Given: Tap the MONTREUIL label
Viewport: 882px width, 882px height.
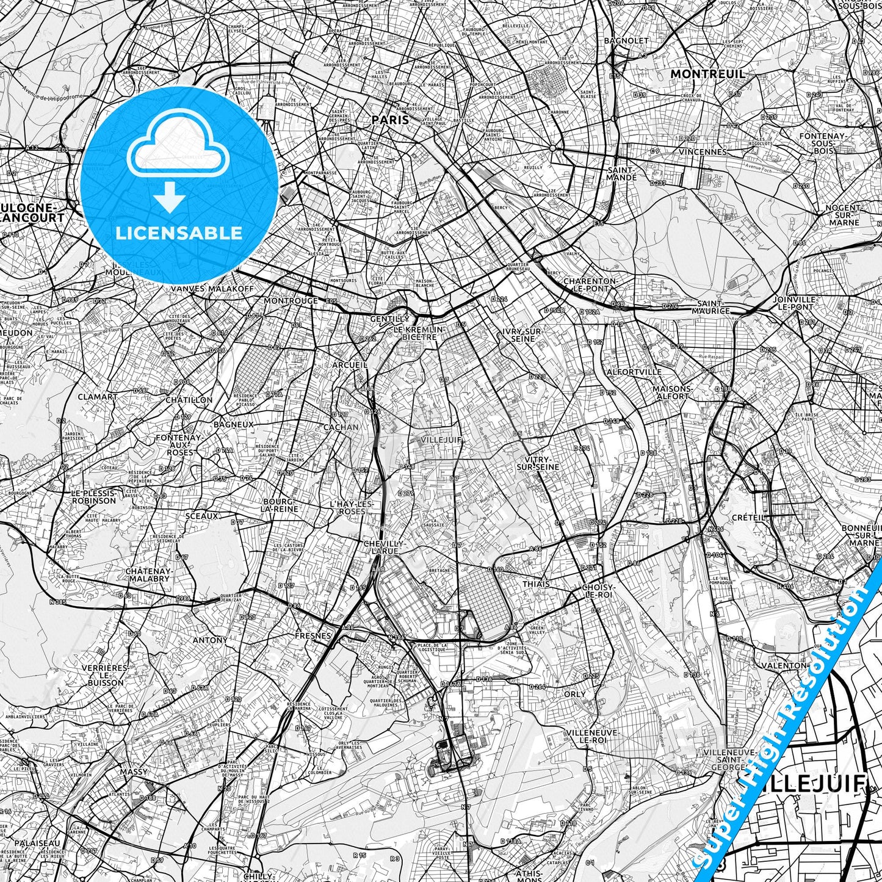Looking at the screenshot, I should coord(708,74).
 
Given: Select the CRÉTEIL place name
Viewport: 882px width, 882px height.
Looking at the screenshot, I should coord(748,517).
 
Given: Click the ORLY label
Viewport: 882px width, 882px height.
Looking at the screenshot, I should coord(574,694).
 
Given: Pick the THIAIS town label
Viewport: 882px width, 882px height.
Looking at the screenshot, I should coord(536,584).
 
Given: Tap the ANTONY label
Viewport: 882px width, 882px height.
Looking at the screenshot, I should coord(210,640).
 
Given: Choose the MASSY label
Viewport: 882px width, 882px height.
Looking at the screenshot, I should coord(134,772).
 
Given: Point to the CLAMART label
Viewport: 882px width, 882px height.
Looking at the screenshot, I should coord(98,397).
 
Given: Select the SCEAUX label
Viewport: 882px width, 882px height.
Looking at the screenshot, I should coord(201,516).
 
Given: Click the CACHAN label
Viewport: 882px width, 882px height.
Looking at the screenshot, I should coord(341,427).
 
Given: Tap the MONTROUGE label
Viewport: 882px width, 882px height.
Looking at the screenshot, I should coord(291,301).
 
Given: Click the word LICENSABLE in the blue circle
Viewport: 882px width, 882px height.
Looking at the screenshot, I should coord(179,233).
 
